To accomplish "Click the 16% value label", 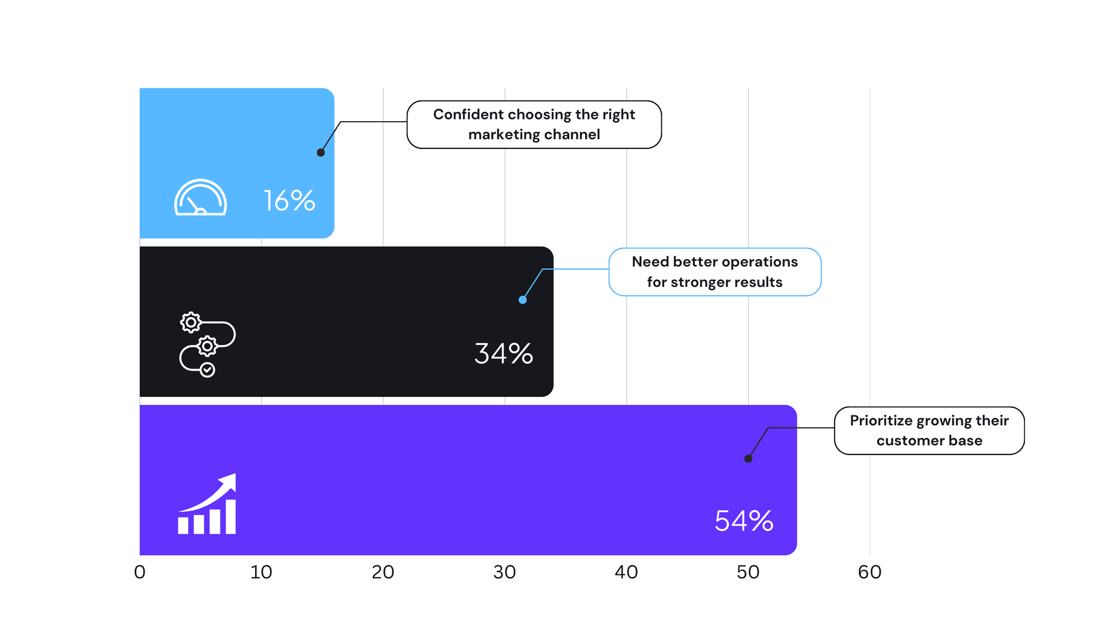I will tap(289, 201).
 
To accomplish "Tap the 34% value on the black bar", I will tap(503, 354).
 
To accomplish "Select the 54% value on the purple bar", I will tap(743, 521).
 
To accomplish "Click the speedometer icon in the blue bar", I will tap(200, 198).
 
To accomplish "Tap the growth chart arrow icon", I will tap(207, 504).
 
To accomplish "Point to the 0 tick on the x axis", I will tap(140, 572).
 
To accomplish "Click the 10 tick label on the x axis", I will tap(261, 572).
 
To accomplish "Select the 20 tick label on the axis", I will tap(383, 572).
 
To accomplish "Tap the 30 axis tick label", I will tap(504, 572).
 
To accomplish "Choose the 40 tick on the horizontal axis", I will tap(626, 572).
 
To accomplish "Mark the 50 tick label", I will tap(748, 572).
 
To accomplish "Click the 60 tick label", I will tap(870, 572).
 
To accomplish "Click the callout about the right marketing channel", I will tap(534, 125).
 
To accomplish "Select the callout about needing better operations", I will tap(714, 272).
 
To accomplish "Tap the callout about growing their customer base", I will tap(929, 430).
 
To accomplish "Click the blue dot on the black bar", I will tap(522, 300).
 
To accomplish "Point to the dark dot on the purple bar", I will tap(748, 459).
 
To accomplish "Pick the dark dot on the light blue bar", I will tap(321, 153).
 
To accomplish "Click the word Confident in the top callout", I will tap(468, 115).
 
